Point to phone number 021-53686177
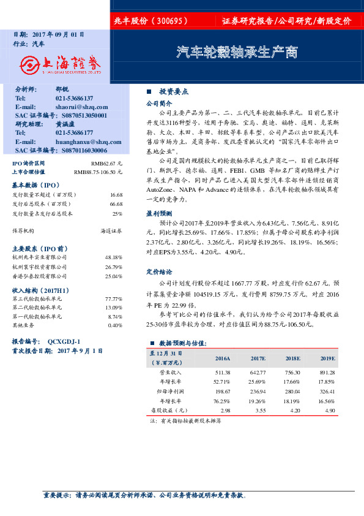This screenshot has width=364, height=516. point(74,132)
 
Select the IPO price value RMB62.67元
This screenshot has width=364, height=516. point(106,164)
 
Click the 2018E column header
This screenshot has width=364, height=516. point(293,358)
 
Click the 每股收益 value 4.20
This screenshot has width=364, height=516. point(295,410)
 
